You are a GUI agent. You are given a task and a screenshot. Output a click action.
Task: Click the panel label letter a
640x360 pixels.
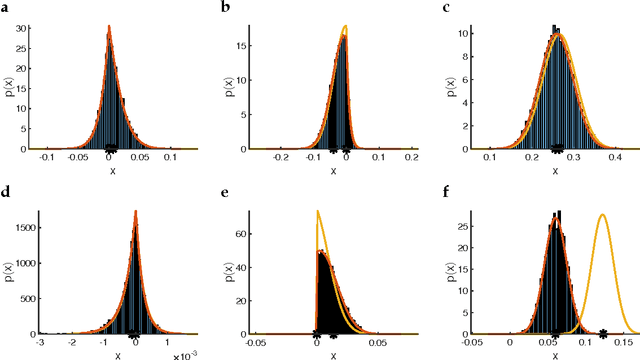pyautogui.click(x=6, y=10)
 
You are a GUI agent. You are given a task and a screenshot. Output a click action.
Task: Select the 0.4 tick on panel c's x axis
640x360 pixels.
pyautogui.click(x=616, y=158)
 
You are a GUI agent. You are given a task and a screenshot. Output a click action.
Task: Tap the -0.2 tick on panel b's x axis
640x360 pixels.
pyautogui.click(x=281, y=158)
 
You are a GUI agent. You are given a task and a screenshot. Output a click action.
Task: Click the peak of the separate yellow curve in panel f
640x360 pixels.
pyautogui.click(x=602, y=215)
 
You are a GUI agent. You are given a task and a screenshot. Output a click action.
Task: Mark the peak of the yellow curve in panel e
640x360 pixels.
pyautogui.click(x=318, y=211)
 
